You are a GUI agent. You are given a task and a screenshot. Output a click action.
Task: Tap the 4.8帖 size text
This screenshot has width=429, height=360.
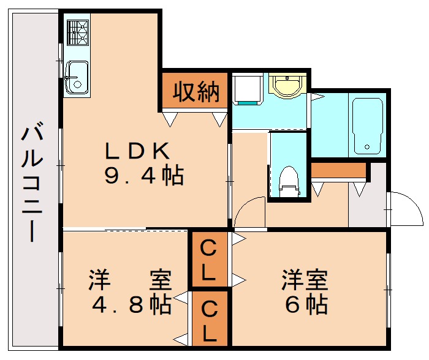(x=130, y=304)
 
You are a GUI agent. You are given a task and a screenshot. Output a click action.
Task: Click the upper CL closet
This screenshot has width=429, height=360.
(x=209, y=260)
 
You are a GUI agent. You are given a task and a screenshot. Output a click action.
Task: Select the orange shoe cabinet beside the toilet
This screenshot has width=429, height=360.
(x=339, y=171)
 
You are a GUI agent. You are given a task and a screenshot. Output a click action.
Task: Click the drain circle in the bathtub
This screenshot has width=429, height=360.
(x=366, y=147)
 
